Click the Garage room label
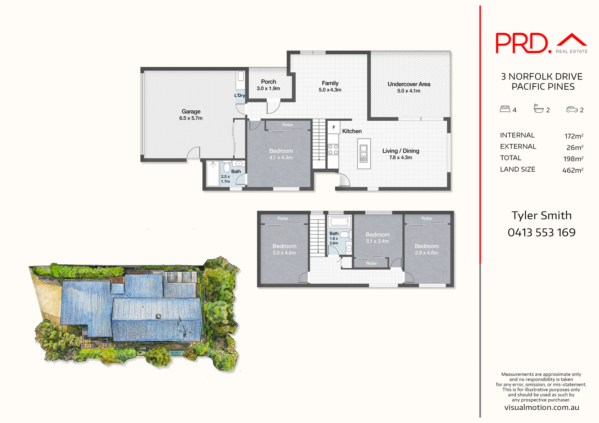[x=191, y=111]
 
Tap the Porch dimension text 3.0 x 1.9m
[x=268, y=89]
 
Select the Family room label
[x=330, y=83]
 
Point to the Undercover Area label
[x=409, y=84]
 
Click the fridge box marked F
[x=334, y=127]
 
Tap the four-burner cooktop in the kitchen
[x=333, y=149]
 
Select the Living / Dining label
[x=401, y=151]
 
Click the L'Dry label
[x=240, y=95]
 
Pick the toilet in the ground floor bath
[x=227, y=167]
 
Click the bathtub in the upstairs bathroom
[x=339, y=222]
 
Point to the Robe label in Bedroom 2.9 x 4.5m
[x=426, y=219]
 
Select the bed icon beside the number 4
[x=505, y=109]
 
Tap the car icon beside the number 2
[x=572, y=109]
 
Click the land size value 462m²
[x=572, y=170]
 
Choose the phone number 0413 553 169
[x=541, y=233]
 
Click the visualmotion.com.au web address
[x=542, y=407]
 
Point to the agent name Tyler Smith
[x=541, y=215]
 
